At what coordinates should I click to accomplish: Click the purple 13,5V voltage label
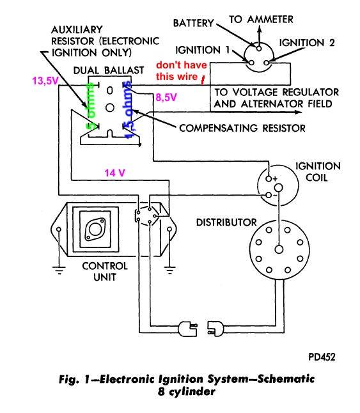pyautogui.click(x=45, y=81)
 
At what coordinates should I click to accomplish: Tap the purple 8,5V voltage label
pyautogui.click(x=166, y=97)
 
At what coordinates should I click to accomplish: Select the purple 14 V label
pyautogui.click(x=114, y=173)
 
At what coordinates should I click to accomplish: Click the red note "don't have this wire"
pyautogui.click(x=182, y=70)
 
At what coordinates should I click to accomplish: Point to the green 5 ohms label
pyautogui.click(x=90, y=106)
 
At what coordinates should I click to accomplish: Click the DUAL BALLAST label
pyautogui.click(x=109, y=70)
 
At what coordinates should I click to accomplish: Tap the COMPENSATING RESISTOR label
pyautogui.click(x=242, y=128)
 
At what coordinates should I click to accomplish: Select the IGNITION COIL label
pyautogui.click(x=318, y=172)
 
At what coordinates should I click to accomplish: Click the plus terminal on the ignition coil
pyautogui.click(x=269, y=179)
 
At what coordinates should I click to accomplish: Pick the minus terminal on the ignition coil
pyautogui.click(x=269, y=195)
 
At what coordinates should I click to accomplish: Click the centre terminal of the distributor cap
pyautogui.click(x=279, y=249)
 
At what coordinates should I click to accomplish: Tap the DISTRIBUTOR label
pyautogui.click(x=226, y=222)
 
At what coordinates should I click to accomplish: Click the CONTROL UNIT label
pyautogui.click(x=105, y=272)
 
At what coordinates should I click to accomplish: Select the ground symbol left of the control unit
pyautogui.click(x=59, y=270)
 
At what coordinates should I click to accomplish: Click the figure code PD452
pyautogui.click(x=322, y=357)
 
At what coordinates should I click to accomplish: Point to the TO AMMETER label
pyautogui.click(x=261, y=19)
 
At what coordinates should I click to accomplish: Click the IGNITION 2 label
pyautogui.click(x=307, y=43)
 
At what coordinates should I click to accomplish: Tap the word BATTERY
pyautogui.click(x=193, y=23)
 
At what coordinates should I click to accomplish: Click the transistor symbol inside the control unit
pyautogui.click(x=95, y=229)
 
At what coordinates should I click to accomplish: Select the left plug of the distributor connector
pyautogui.click(x=188, y=329)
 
